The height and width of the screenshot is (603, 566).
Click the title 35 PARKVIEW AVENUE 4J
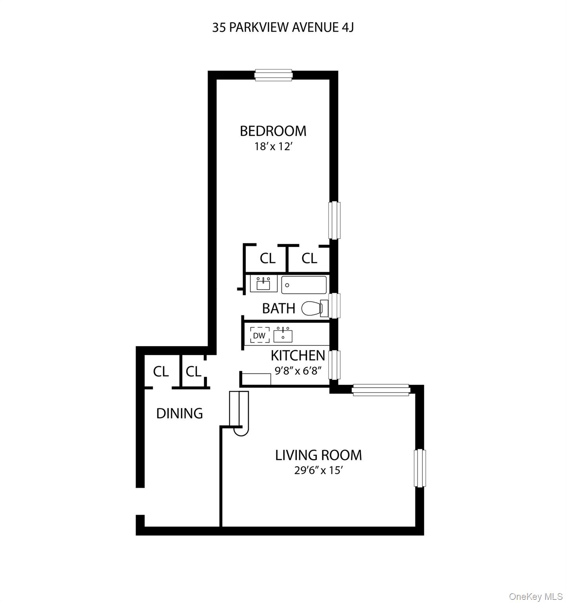click(x=283, y=27)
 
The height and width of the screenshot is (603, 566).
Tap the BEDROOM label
click(x=273, y=131)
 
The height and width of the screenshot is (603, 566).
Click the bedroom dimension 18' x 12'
click(x=273, y=147)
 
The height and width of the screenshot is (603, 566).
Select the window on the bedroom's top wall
click(x=274, y=75)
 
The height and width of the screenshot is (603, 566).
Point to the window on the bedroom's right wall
click(x=334, y=220)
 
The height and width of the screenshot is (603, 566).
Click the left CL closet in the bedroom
click(x=267, y=258)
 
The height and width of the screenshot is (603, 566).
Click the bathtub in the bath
click(x=304, y=285)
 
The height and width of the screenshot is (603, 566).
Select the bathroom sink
click(x=263, y=284)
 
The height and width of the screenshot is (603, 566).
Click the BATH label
click(x=278, y=309)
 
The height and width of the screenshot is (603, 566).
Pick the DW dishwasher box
click(x=259, y=336)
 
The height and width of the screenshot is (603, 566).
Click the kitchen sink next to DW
click(x=283, y=336)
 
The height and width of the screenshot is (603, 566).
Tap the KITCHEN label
click(x=298, y=356)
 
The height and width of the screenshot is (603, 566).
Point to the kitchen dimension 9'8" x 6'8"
click(x=301, y=371)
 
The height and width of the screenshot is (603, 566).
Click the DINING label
click(x=179, y=413)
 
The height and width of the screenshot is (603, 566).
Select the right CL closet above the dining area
click(x=193, y=371)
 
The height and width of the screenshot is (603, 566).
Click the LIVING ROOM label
click(x=318, y=455)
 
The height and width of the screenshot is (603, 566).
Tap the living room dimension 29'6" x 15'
click(x=319, y=470)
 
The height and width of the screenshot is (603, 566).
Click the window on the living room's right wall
click(x=420, y=468)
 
